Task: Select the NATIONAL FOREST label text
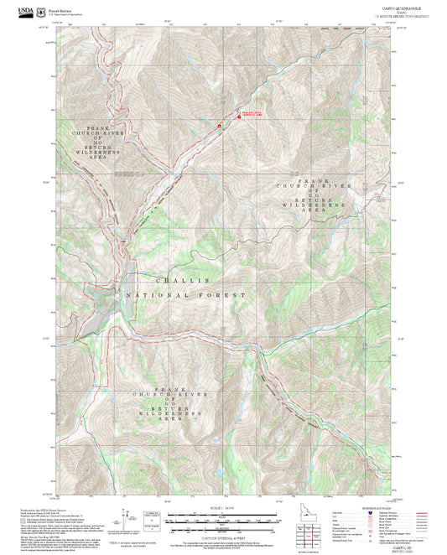tap(185, 296)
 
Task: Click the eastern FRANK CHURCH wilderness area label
tap(314, 195)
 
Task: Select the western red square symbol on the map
tap(219, 127)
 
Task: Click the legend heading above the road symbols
tap(375, 508)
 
